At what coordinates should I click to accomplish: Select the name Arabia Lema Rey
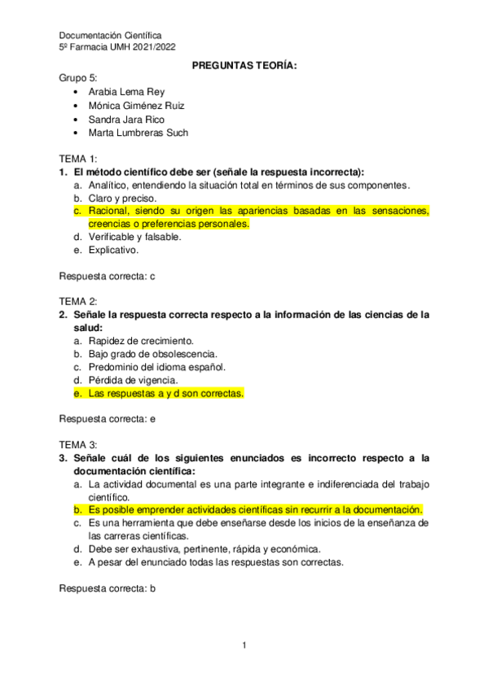(126, 92)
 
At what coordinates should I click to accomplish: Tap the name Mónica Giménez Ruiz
(136, 106)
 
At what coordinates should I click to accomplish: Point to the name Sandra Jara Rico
(126, 120)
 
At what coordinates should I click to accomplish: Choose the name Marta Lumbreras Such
(138, 133)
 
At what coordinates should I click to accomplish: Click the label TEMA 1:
(78, 159)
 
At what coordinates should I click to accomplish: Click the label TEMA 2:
(78, 301)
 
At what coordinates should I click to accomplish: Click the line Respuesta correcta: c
(107, 276)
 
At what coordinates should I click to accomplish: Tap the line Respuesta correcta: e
(107, 419)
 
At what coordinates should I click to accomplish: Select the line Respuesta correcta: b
(107, 587)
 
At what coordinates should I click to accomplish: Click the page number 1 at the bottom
(244, 645)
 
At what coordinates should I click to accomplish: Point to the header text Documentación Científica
(111, 36)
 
